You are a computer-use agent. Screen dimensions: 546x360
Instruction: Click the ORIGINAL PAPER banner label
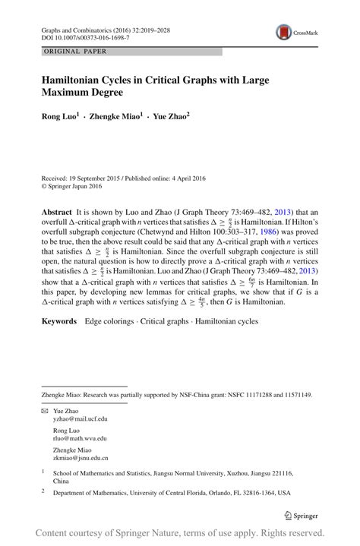coord(75,52)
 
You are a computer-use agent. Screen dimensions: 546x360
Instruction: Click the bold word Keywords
coord(59,321)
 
